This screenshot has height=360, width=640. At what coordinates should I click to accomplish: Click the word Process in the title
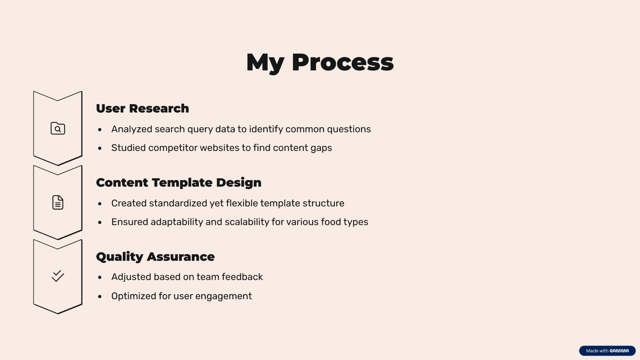pyautogui.click(x=342, y=62)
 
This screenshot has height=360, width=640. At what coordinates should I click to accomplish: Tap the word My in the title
pyautogui.click(x=265, y=64)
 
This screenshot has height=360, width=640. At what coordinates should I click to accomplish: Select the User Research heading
pyautogui.click(x=142, y=108)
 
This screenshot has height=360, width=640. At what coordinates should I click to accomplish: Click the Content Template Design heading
pyautogui.click(x=179, y=183)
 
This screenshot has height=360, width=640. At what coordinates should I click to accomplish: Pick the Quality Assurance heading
pyautogui.click(x=155, y=257)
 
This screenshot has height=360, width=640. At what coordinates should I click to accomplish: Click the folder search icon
pyautogui.click(x=58, y=128)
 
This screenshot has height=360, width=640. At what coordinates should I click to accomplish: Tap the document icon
pyautogui.click(x=58, y=202)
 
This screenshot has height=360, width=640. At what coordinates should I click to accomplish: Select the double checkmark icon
pyautogui.click(x=58, y=276)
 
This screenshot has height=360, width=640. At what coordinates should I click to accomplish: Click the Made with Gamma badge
pyautogui.click(x=607, y=351)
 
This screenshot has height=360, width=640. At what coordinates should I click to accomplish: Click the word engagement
pyautogui.click(x=223, y=296)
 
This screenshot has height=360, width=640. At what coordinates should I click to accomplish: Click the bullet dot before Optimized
pyautogui.click(x=100, y=297)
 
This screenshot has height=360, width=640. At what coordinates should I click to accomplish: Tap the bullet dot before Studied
pyautogui.click(x=100, y=148)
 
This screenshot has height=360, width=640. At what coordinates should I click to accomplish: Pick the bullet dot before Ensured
pyautogui.click(x=100, y=222)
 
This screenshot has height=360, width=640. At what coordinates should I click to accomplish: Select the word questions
pyautogui.click(x=349, y=129)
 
